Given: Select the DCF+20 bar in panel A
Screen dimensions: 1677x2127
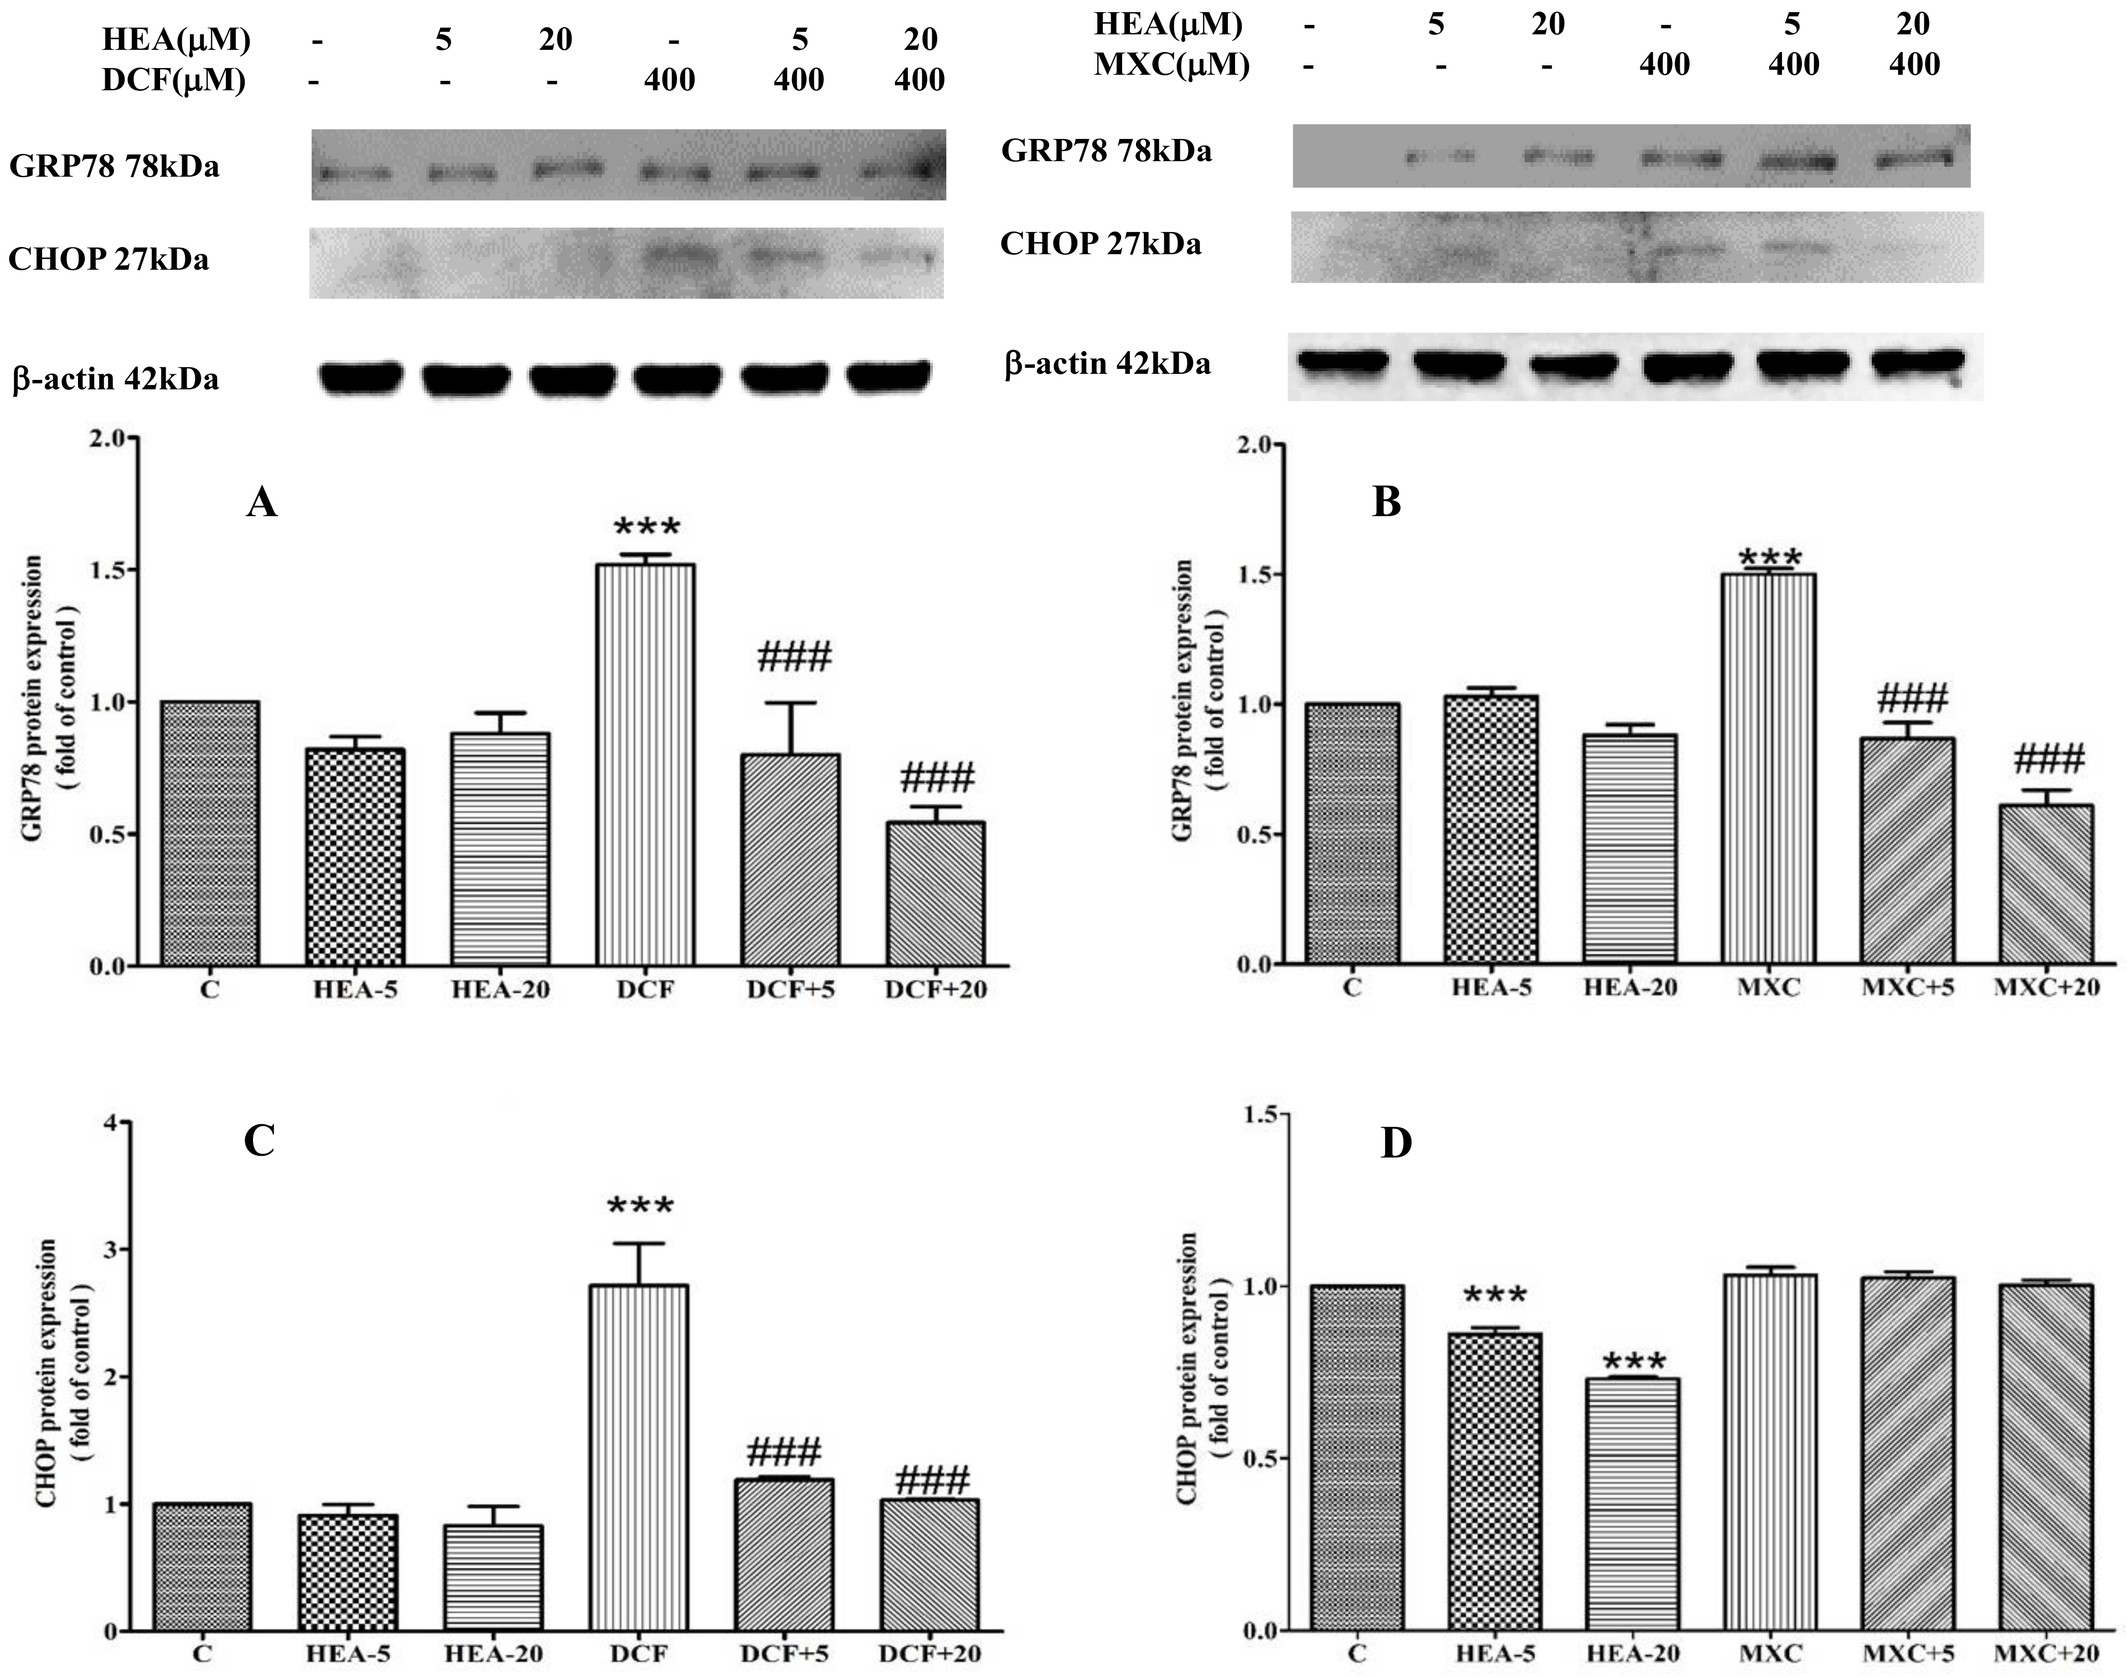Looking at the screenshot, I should tap(936, 893).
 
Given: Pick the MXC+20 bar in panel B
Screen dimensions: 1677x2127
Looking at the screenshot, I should tap(2047, 884).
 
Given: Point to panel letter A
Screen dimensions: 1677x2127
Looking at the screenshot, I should tap(261, 503).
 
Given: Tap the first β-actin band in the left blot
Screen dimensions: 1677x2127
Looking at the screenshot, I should tap(360, 376).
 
